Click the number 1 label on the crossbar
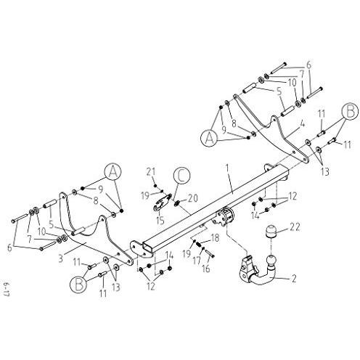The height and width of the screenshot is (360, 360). pos(227,169)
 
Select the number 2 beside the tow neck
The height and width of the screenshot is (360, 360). pos(294,279)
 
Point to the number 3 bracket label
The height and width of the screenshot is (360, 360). pos(61,258)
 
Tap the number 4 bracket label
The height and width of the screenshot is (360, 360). pos(302,125)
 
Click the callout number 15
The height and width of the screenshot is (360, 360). pos(160,221)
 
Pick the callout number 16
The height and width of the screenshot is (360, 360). pos(206,269)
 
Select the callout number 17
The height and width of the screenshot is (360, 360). pos(197,261)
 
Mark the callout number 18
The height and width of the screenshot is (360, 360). pos(215,238)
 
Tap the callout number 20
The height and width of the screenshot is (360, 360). pos(192,198)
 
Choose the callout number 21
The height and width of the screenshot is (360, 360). pos(152,172)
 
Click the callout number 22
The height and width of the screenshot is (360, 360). pos(295,227)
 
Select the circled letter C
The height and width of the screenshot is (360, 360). pos(181,176)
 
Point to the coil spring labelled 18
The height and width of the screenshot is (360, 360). pos(199,245)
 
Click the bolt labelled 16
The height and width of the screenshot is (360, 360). pos(210,253)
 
